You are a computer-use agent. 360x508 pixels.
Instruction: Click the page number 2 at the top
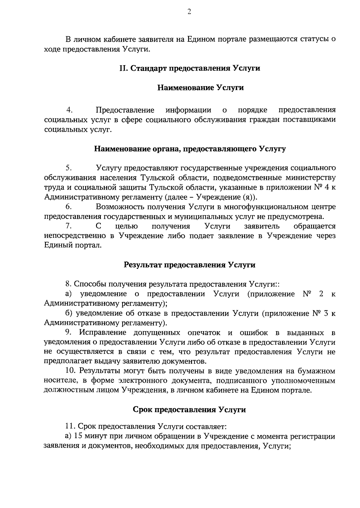point(189,12)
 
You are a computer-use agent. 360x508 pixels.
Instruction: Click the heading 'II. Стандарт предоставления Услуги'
point(190,68)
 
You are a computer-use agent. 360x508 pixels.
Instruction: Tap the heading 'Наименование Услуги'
point(201,88)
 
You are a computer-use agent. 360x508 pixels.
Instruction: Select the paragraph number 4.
point(70,110)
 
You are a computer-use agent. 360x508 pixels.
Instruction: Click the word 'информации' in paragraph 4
point(188,110)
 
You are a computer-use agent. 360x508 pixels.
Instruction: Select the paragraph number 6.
point(69,207)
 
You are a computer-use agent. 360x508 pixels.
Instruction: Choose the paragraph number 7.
point(69,226)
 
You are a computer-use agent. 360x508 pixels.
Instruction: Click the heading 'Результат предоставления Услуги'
point(190,265)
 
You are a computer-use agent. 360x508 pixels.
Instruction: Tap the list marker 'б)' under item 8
point(69,313)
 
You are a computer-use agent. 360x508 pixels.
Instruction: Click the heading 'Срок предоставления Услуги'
point(190,410)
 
